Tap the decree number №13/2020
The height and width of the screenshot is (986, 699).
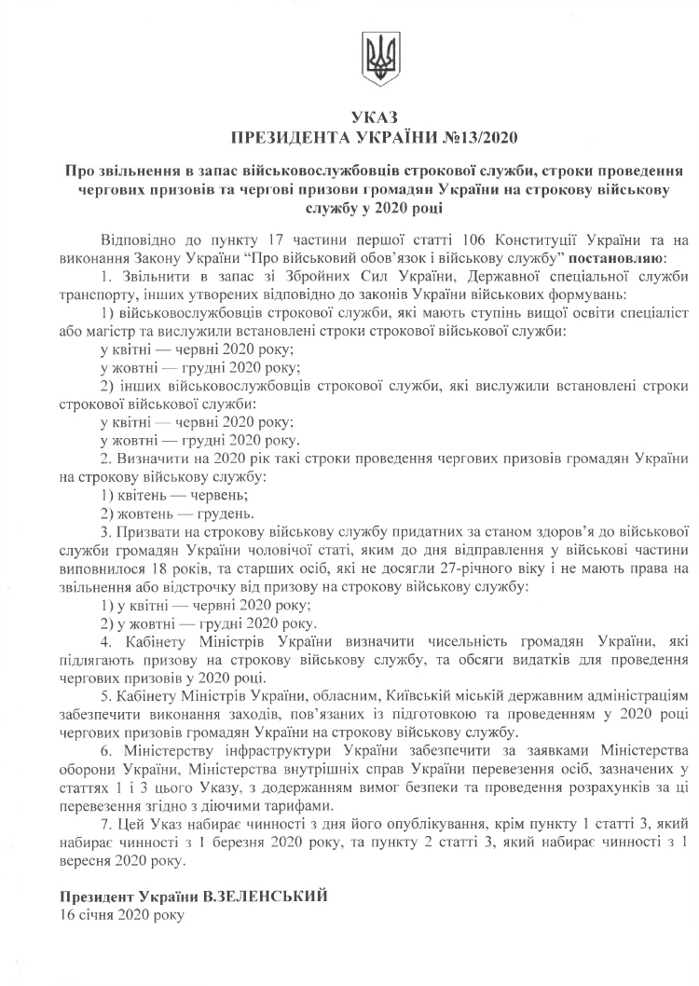[480, 138]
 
